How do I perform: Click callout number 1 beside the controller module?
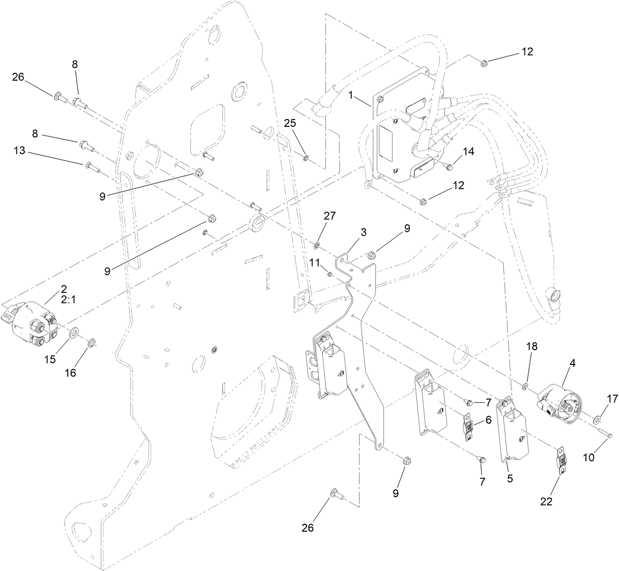pyautogui.click(x=351, y=96)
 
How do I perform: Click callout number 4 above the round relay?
pyautogui.click(x=559, y=364)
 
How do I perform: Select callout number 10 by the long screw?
pyautogui.click(x=589, y=457)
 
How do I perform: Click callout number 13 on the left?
pyautogui.click(x=20, y=151)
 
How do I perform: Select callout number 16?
pyautogui.click(x=71, y=372)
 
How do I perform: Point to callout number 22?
pyautogui.click(x=546, y=501)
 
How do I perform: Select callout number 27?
pyautogui.click(x=329, y=216)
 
